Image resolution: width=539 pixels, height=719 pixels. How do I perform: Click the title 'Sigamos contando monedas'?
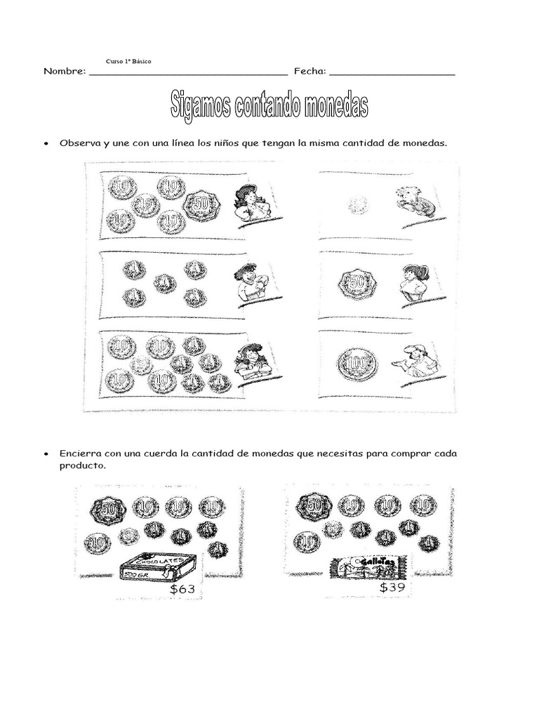coord(269,105)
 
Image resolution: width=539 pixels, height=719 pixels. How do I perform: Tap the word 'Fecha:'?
coord(309,71)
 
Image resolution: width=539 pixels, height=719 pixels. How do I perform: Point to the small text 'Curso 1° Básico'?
coord(128,62)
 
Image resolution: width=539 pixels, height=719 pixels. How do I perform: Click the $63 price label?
coord(182,589)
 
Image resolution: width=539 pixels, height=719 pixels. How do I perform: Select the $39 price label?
coord(392,587)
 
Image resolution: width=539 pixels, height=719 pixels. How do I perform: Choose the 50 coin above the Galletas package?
coord(314,505)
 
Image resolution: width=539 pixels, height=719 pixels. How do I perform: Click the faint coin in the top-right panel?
coord(358,204)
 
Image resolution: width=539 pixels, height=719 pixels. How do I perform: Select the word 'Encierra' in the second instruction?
coord(81,454)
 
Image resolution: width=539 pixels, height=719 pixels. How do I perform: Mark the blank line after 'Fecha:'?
coord(392,73)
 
